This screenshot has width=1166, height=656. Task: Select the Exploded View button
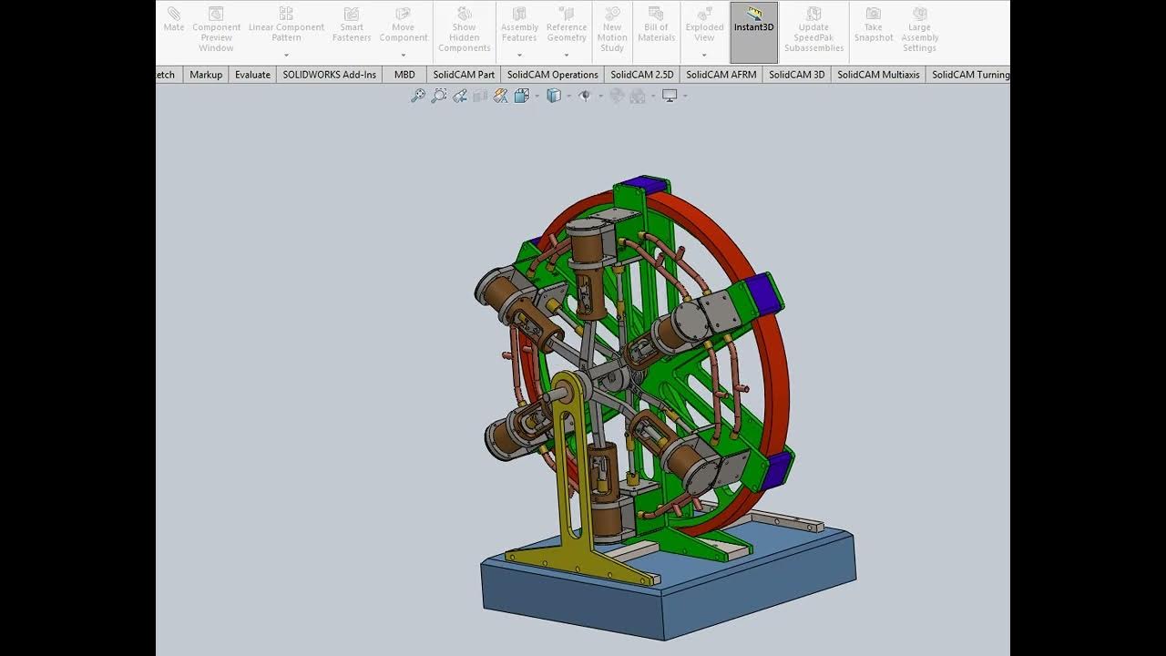point(704,27)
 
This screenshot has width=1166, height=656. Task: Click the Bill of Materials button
point(656,27)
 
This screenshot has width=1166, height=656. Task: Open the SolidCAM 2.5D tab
point(641,75)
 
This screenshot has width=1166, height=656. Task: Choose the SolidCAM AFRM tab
point(721,75)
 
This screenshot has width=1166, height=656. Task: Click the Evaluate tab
point(252,75)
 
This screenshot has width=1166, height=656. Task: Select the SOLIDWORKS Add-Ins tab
point(329,75)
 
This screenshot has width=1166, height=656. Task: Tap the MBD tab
point(404,75)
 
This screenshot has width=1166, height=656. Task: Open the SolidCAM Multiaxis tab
point(878,75)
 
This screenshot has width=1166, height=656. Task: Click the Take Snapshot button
point(873,27)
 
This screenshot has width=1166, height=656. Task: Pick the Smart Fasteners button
point(352,27)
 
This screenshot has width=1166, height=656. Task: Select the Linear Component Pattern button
point(286,27)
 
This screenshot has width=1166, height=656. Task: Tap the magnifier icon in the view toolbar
point(417,96)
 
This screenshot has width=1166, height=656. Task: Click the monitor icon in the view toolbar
point(670,96)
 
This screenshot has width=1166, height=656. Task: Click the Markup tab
point(206,75)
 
